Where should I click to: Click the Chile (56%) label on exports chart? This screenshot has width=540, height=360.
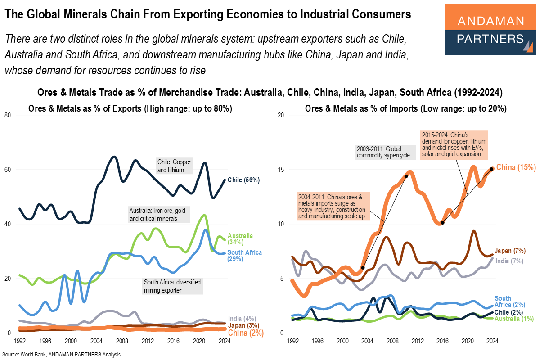[x=243, y=180]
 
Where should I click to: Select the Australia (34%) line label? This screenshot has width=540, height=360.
[x=241, y=239]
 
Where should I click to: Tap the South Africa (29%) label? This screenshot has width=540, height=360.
[x=245, y=256]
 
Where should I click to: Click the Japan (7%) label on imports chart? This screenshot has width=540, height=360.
[x=510, y=251]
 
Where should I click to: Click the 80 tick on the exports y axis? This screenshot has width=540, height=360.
[x=8, y=115]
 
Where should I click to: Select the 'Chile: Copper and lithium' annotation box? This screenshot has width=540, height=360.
[x=174, y=166]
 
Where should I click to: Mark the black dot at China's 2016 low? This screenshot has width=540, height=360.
[x=443, y=223]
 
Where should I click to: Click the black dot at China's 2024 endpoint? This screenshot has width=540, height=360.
[x=492, y=169]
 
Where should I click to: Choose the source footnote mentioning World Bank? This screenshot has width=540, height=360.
[x=61, y=355]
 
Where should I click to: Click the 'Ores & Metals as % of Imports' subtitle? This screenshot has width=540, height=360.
[x=405, y=108]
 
